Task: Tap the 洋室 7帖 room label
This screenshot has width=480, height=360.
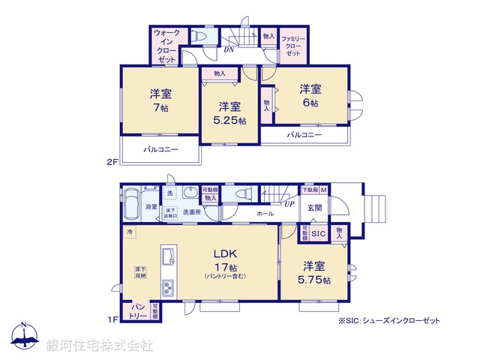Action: click(x=160, y=100)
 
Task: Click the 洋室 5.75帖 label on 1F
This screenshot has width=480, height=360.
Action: click(x=316, y=273)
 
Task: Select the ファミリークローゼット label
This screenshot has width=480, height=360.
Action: click(x=292, y=46)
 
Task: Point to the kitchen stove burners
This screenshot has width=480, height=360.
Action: click(x=168, y=286)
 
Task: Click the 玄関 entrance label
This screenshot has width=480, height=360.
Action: click(x=314, y=208)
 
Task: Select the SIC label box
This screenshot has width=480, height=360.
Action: click(x=319, y=233)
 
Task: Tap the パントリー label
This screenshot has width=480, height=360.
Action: click(x=139, y=310)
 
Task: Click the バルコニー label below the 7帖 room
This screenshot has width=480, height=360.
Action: click(x=160, y=150)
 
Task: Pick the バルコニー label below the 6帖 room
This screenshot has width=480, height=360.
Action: click(x=304, y=135)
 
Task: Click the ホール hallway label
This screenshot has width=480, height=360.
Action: click(x=265, y=214)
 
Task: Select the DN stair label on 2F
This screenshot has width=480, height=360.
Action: click(x=229, y=50)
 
